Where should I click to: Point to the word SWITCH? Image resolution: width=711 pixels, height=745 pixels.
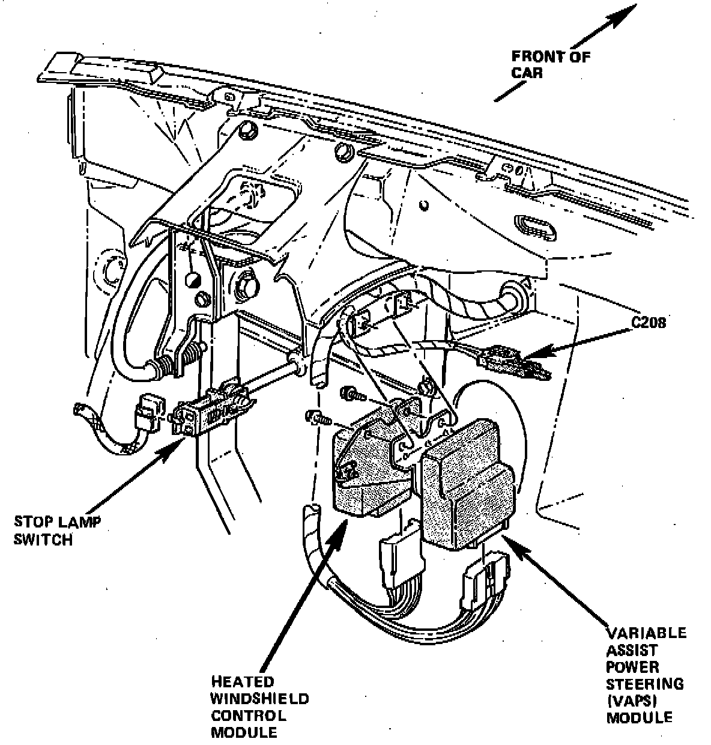[x=43, y=540]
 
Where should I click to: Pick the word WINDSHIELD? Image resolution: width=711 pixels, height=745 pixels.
[x=259, y=699]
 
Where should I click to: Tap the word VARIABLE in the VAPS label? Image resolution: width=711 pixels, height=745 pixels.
[x=646, y=633]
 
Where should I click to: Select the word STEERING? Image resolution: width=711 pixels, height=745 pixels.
[x=644, y=684]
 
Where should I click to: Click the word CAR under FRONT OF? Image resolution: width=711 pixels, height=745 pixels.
[x=527, y=73]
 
